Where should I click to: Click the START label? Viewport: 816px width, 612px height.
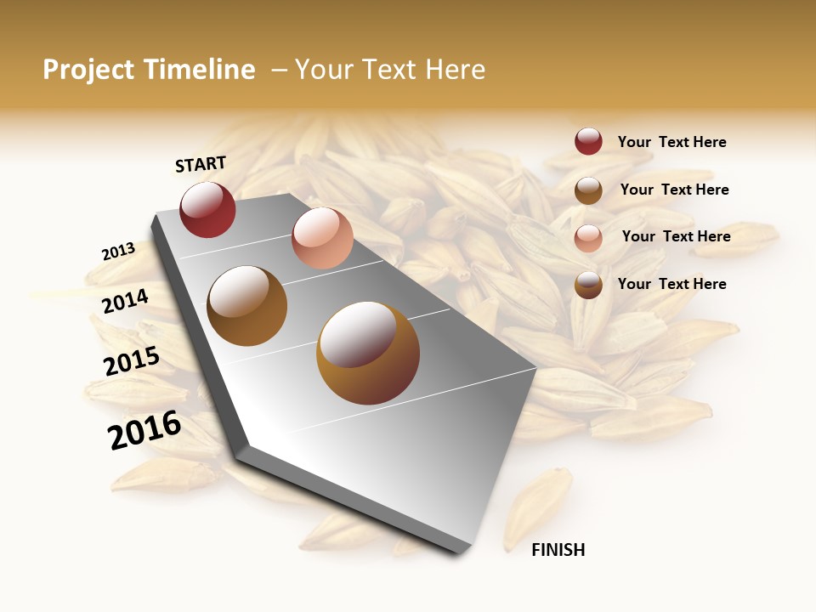pos(201,164)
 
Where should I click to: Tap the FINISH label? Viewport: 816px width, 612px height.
pos(558,550)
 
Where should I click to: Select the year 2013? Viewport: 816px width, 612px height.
pos(118,252)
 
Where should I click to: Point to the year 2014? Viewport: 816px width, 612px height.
pos(125,301)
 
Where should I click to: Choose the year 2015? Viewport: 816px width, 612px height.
pos(132,361)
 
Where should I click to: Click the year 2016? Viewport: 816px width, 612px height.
pos(144,430)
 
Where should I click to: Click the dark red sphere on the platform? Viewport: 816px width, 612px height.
pos(207,210)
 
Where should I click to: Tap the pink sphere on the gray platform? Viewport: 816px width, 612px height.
pos(322,238)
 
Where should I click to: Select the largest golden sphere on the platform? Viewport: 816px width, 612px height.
pos(368,353)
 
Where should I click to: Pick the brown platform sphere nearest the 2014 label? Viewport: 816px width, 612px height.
pos(246,306)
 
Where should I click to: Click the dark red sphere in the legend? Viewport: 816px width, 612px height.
pos(588,141)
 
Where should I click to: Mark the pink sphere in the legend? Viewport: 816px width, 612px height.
pos(588,238)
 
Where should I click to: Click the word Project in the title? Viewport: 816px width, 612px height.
pos(88,70)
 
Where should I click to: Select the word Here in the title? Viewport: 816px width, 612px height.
pos(455,70)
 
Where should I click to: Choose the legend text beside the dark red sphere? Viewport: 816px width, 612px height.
pos(671,142)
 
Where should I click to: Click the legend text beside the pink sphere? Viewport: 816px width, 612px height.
pos(676,236)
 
